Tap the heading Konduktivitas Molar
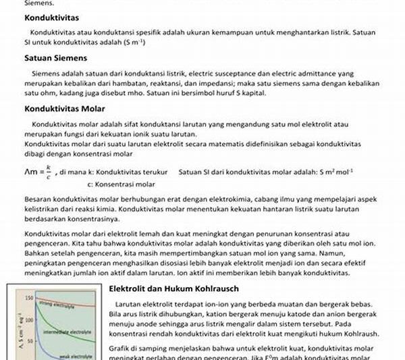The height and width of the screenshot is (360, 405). (65, 108)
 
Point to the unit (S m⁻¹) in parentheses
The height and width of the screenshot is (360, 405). (145, 43)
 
